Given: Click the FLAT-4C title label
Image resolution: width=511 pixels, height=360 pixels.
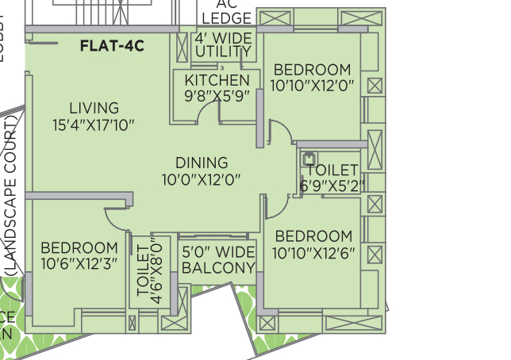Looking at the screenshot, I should coord(112,46).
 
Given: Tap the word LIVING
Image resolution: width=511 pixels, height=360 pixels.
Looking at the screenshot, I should coord(94,108).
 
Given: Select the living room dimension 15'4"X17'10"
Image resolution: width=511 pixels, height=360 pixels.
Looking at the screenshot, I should coord(94,125).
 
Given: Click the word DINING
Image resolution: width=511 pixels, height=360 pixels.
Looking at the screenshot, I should coord(202,163).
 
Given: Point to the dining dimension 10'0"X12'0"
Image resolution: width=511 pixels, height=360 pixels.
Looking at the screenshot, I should coord(201,179).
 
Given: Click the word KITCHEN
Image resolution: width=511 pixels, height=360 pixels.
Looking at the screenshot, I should coord(217,80).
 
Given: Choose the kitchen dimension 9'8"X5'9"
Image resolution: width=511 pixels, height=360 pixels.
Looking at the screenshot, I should coord(217,95).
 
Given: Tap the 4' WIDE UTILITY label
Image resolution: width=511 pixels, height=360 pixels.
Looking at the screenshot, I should coord(223,45).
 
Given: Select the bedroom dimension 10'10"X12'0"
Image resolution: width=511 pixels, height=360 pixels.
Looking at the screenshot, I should coord(311,85).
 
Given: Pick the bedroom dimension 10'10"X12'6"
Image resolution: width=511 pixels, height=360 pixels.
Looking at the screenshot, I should coord(313,254).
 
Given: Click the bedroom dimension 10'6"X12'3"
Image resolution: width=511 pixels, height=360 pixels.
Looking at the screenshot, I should coord(79,263).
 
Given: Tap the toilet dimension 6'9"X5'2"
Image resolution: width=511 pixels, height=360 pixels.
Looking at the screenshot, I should coord(332,186).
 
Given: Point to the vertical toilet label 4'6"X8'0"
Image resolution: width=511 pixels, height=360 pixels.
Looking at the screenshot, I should coord(150,270).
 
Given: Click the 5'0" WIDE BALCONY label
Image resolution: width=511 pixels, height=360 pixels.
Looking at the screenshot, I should coord(218,260).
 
